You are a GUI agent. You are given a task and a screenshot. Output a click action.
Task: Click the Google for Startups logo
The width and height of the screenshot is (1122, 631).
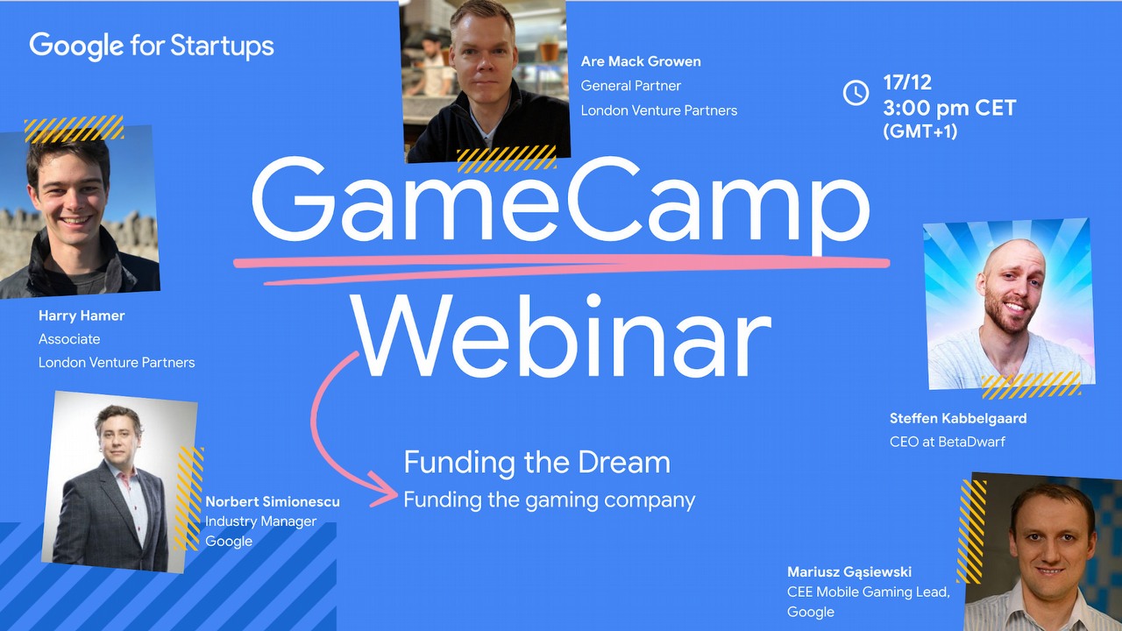pyautogui.click(x=152, y=46)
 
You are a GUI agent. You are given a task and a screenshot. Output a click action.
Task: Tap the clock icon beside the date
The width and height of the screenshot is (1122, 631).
pyautogui.click(x=856, y=92)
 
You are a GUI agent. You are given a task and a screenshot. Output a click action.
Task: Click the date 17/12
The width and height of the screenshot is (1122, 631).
pyautogui.click(x=907, y=83)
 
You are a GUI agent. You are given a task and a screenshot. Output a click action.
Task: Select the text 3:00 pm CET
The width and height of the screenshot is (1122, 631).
pyautogui.click(x=949, y=109)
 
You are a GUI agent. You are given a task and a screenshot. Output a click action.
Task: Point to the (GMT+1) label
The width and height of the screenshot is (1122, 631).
pyautogui.click(x=920, y=131)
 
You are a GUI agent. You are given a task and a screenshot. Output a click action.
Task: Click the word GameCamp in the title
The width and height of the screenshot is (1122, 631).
pyautogui.click(x=561, y=204)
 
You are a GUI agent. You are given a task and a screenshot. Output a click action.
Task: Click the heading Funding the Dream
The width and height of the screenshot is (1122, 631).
pyautogui.click(x=536, y=463)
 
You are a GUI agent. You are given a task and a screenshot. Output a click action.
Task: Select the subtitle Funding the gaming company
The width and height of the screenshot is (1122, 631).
pyautogui.click(x=549, y=500)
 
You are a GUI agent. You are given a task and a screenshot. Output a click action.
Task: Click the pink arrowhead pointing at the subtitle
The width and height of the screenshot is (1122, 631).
pyautogui.click(x=386, y=491)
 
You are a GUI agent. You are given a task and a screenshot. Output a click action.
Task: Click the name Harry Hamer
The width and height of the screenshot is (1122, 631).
pyautogui.click(x=82, y=315)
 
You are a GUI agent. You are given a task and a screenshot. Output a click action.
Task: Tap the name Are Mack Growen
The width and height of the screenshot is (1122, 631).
pyautogui.click(x=641, y=61)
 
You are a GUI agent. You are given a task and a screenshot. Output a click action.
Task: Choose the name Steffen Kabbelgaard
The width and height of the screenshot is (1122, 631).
pyautogui.click(x=958, y=418)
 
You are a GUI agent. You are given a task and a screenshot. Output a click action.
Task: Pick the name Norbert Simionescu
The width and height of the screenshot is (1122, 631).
pyautogui.click(x=272, y=502)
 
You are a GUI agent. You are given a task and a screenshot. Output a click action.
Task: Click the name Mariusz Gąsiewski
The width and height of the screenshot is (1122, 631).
pyautogui.click(x=849, y=572)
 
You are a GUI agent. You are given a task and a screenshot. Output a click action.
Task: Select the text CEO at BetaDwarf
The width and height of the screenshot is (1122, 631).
pyautogui.click(x=947, y=442)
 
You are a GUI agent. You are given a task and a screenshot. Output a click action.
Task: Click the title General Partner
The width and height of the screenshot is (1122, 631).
pyautogui.click(x=630, y=86)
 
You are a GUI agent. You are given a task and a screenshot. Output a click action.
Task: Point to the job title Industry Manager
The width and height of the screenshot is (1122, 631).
pyautogui.click(x=260, y=521)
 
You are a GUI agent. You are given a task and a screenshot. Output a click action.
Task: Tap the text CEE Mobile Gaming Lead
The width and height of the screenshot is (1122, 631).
pyautogui.click(x=868, y=592)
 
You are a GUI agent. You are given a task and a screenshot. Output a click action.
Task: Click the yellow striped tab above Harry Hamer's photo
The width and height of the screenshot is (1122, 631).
pyautogui.click(x=74, y=129)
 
